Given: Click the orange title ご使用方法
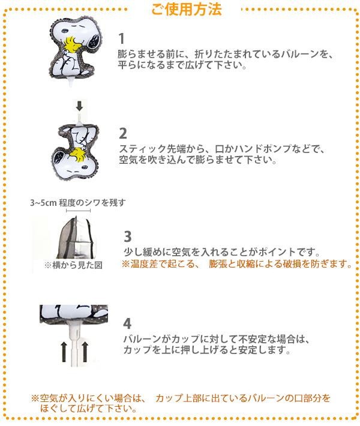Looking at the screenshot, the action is (187, 9).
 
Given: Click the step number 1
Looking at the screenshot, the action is (121, 38).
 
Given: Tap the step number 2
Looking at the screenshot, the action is (123, 133).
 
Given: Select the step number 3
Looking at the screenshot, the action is (128, 236).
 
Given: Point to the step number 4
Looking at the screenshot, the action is (127, 323).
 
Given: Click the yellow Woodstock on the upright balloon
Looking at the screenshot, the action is (72, 45).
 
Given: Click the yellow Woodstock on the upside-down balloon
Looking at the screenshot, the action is (78, 155).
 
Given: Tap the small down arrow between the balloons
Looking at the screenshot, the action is (79, 106).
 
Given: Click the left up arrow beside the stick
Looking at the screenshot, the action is (64, 352).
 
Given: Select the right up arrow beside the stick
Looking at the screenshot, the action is (85, 352).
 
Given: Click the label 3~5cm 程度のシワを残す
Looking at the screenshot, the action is (78, 203).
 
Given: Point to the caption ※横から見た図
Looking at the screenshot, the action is (73, 265).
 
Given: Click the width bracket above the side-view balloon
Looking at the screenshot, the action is (78, 211).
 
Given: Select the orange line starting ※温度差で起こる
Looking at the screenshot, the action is (237, 263).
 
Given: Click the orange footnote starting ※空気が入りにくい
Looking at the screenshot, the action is (181, 403).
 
